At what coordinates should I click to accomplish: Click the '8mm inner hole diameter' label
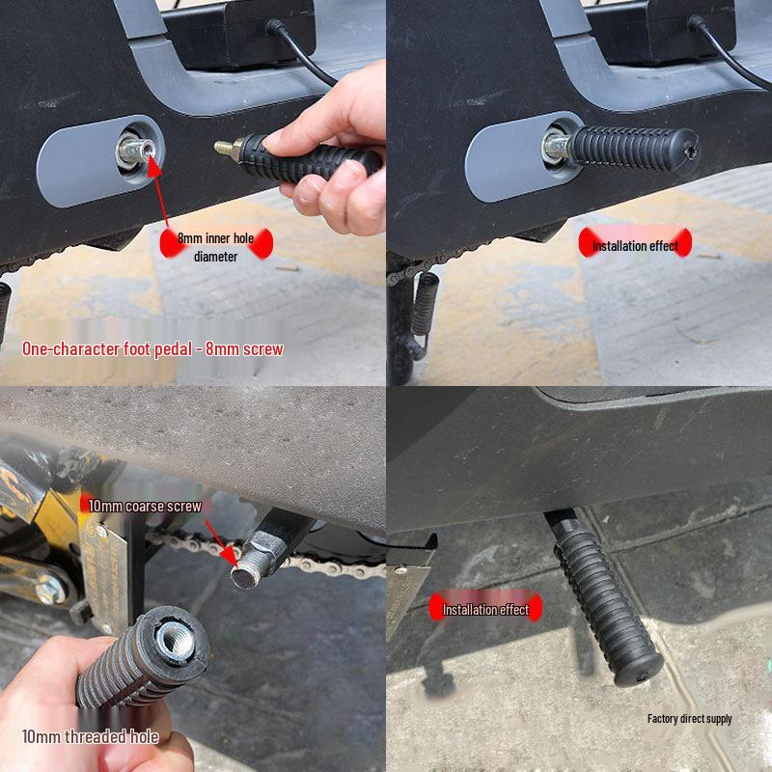click(215, 247)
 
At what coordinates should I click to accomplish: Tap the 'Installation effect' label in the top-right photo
click(635, 246)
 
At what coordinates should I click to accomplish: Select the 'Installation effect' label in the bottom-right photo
click(485, 609)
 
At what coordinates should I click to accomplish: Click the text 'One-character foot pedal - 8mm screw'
click(152, 348)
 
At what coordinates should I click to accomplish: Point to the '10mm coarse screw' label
click(145, 506)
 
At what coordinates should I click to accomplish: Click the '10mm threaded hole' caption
click(90, 736)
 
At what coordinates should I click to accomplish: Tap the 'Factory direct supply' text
click(689, 718)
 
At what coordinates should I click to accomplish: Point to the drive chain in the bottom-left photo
click(318, 565)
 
